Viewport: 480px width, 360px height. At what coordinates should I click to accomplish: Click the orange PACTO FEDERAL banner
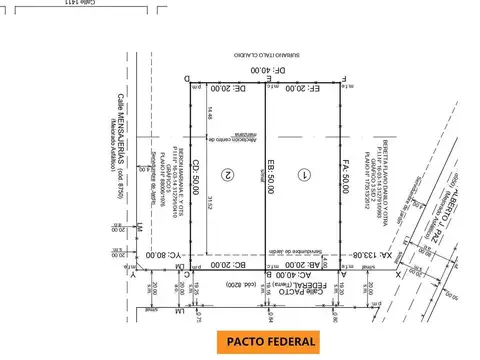click(271, 341)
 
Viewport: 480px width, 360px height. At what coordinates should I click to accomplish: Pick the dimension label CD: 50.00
click(197, 180)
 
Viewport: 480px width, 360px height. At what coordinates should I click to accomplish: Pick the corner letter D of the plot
click(187, 77)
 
